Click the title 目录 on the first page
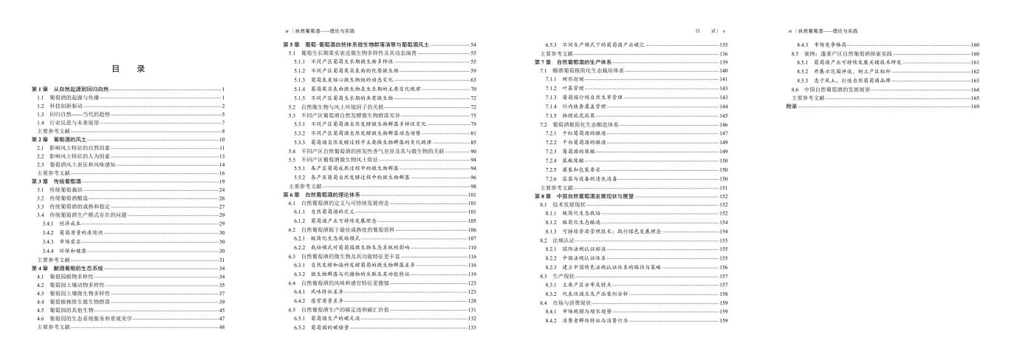(127, 70)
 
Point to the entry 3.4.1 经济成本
(56, 223)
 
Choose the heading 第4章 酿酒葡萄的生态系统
(67, 268)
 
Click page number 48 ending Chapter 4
(221, 326)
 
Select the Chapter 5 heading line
(362, 45)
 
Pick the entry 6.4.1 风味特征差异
(318, 292)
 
